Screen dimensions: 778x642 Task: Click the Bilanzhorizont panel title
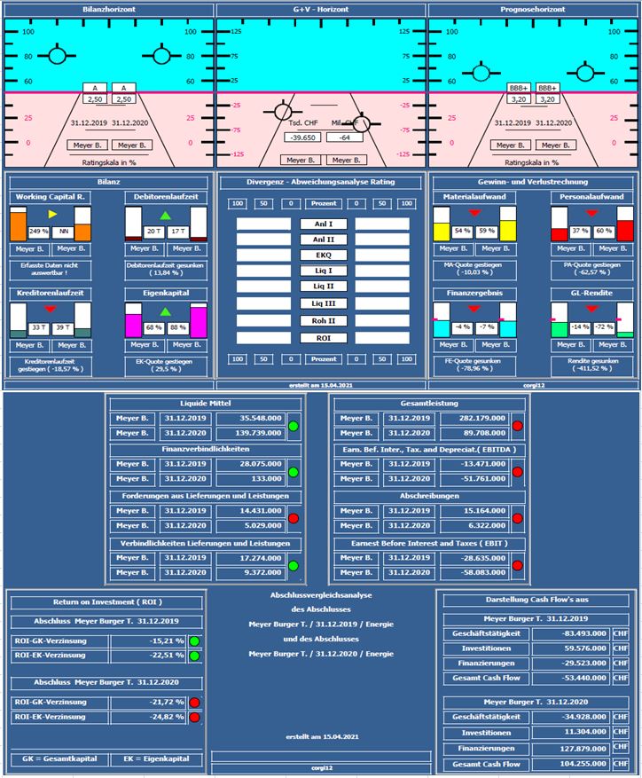click(108, 10)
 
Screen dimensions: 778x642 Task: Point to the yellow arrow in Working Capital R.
click(52, 215)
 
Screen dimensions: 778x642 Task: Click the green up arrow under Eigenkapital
click(164, 311)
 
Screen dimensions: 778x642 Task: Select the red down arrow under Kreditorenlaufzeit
click(50, 309)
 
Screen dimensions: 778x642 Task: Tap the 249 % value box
click(38, 230)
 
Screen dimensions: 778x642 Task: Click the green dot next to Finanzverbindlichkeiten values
click(293, 472)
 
